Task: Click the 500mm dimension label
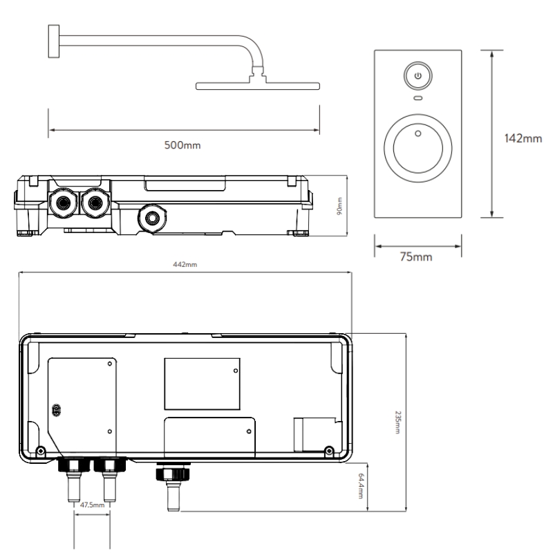pyautogui.click(x=182, y=145)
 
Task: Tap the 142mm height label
pyautogui.click(x=523, y=138)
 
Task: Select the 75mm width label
pyautogui.click(x=416, y=256)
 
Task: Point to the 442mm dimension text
pyautogui.click(x=185, y=265)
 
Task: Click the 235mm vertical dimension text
pyautogui.click(x=397, y=422)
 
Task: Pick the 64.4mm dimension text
pyautogui.click(x=360, y=486)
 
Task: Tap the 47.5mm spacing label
pyautogui.click(x=92, y=505)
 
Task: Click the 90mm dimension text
pyautogui.click(x=339, y=206)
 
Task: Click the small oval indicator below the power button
pyautogui.click(x=418, y=98)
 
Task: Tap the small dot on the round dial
pyautogui.click(x=418, y=133)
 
